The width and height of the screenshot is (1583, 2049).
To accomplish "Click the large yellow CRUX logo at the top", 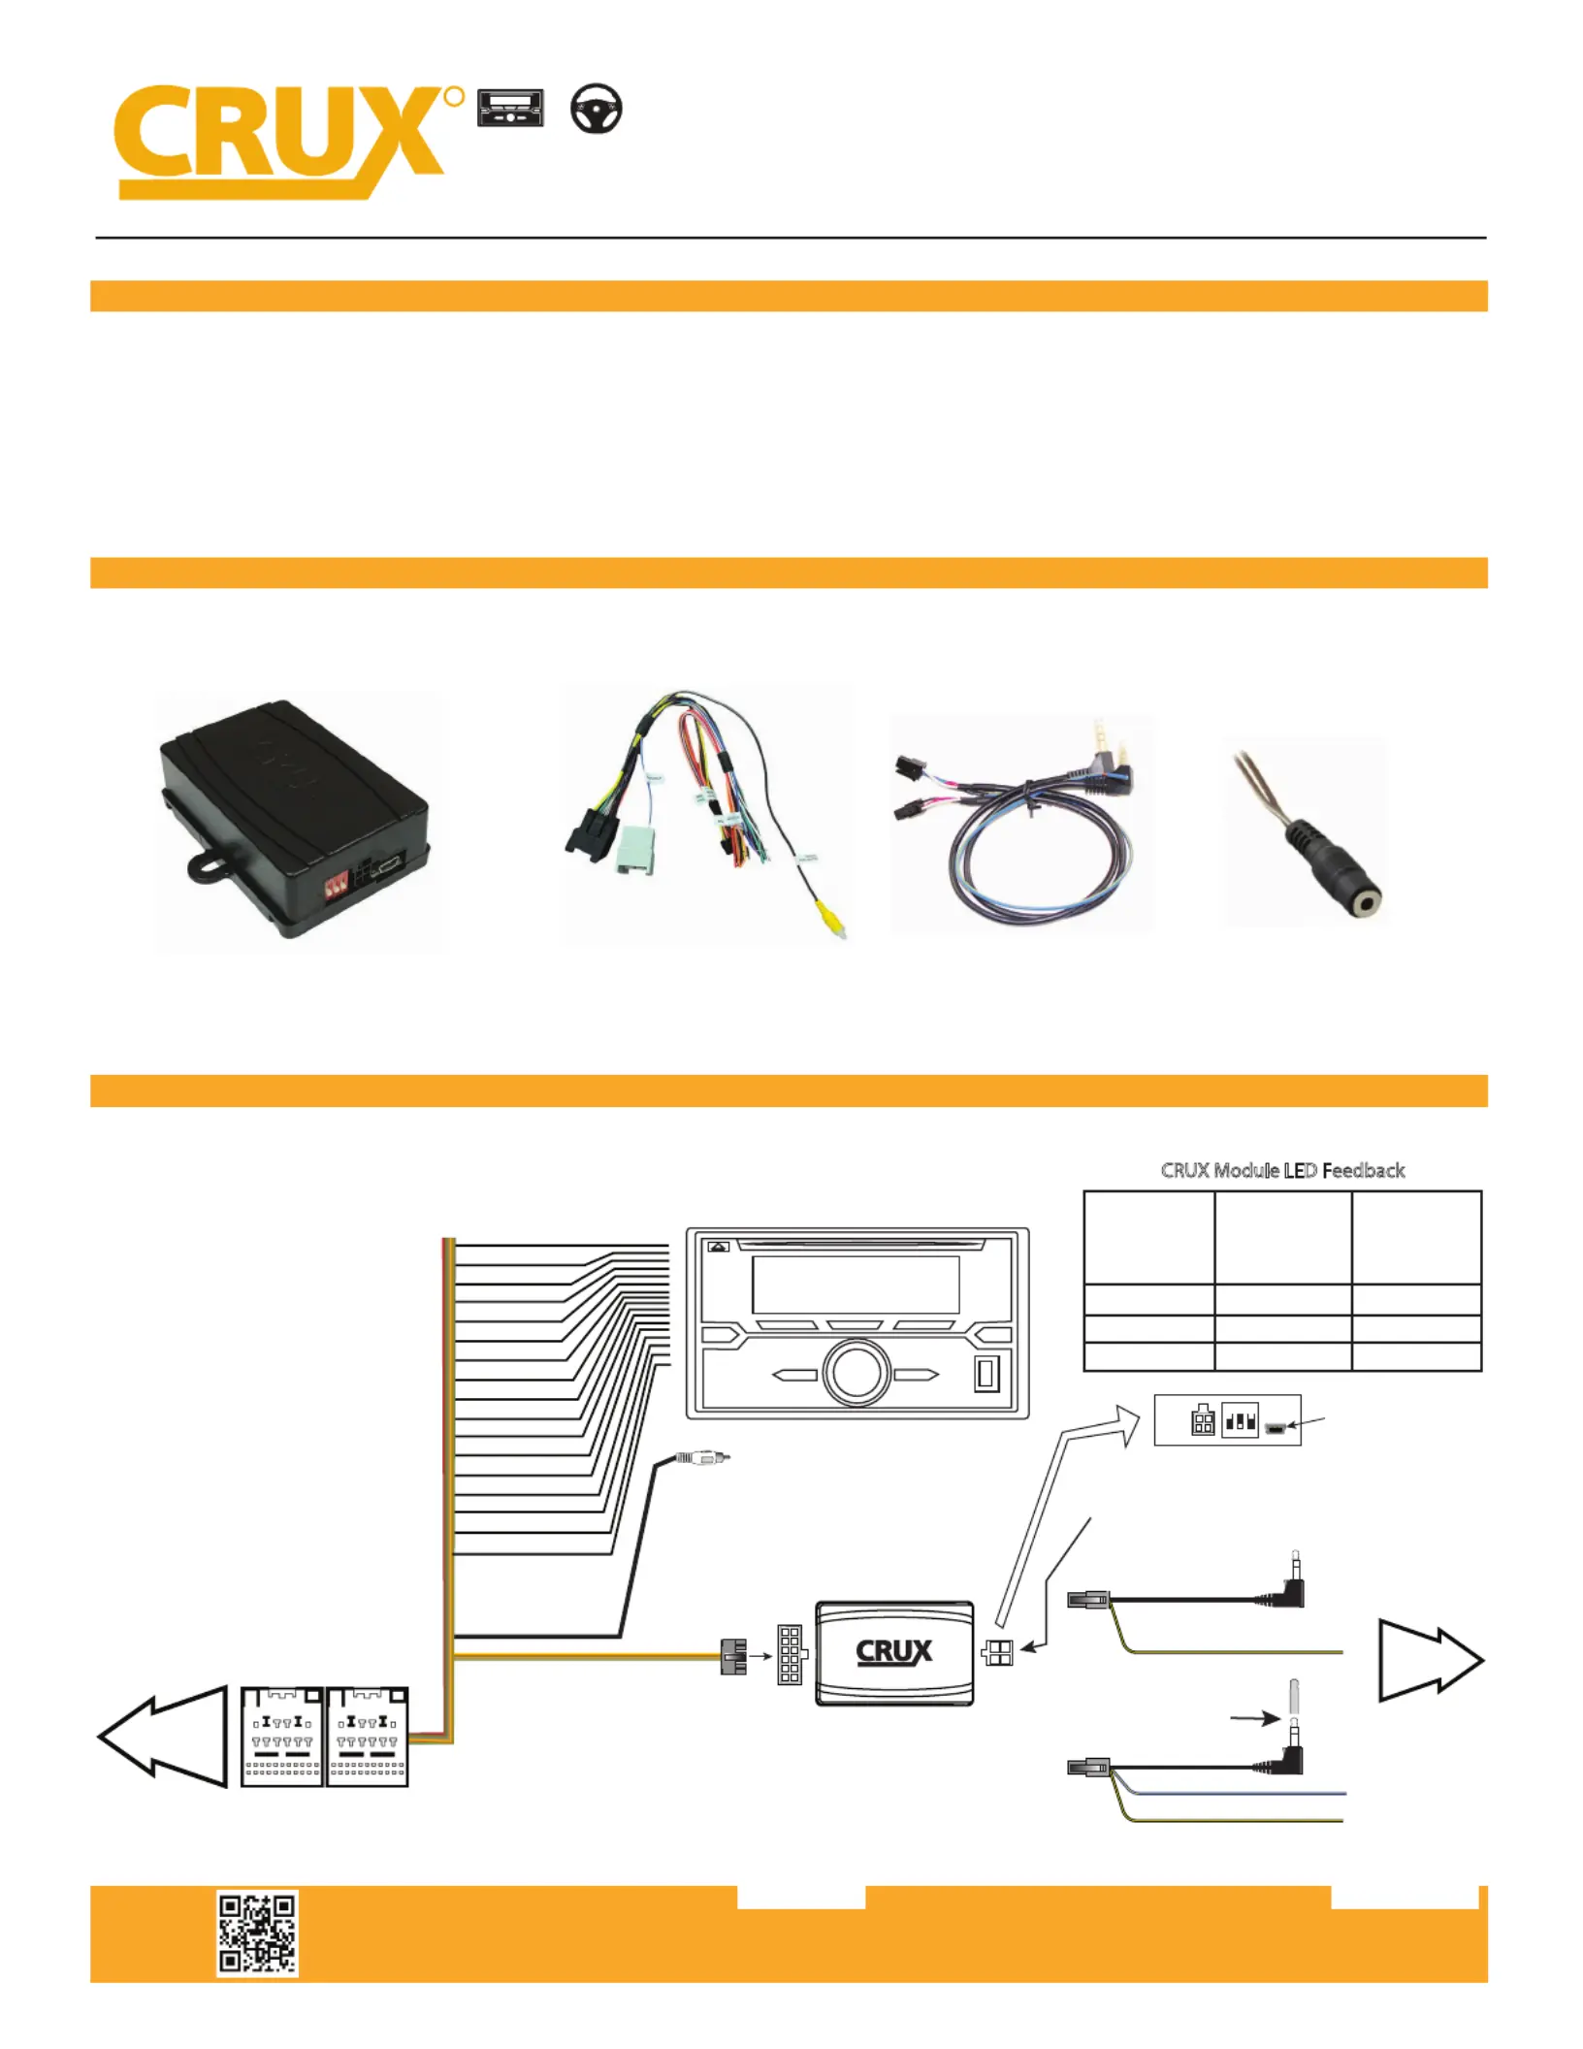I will click(281, 141).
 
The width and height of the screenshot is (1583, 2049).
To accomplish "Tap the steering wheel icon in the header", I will click(596, 109).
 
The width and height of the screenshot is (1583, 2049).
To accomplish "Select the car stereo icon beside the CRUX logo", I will click(510, 109).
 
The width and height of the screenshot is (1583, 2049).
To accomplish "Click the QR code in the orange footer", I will click(257, 1933).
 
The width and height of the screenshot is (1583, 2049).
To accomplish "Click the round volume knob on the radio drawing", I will click(856, 1373).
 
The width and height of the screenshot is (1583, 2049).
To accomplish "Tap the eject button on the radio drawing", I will click(719, 1247).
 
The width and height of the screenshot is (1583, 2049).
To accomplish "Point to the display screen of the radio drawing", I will click(856, 1285).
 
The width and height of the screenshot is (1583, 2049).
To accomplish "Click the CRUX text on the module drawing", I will click(893, 1651).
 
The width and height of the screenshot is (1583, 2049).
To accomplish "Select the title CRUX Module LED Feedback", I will click(1282, 1170).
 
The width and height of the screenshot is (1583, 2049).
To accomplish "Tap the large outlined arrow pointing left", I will click(163, 1736).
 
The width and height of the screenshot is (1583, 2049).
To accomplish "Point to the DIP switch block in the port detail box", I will click(1240, 1421).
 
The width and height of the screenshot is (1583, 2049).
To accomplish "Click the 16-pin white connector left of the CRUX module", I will click(790, 1655).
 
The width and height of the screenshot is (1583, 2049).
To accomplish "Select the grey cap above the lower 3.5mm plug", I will click(1294, 1695).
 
